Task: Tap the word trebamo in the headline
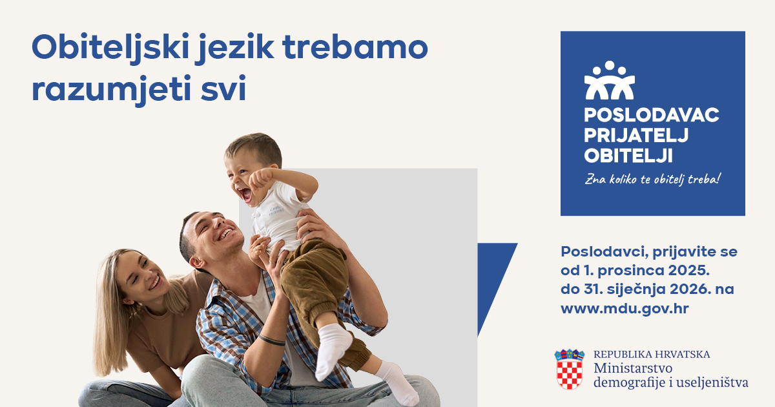click(x=356, y=47)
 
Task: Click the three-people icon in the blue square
click(x=609, y=80)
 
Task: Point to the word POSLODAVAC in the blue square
click(x=652, y=115)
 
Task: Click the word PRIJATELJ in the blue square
click(x=636, y=135)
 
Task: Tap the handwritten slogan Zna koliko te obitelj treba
click(x=653, y=180)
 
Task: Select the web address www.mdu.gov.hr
click(x=625, y=308)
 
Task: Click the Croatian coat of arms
click(x=569, y=369)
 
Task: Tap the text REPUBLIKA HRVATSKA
click(x=652, y=355)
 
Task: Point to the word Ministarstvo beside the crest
click(x=633, y=368)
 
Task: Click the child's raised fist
click(x=261, y=178)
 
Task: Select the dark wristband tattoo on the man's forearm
click(x=272, y=340)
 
